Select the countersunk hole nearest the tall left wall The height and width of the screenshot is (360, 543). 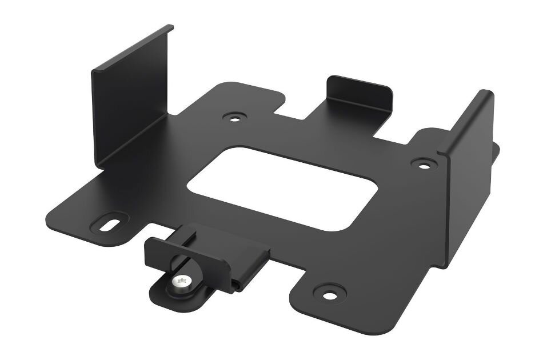[233, 118]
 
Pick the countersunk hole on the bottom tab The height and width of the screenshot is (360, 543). [329, 294]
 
